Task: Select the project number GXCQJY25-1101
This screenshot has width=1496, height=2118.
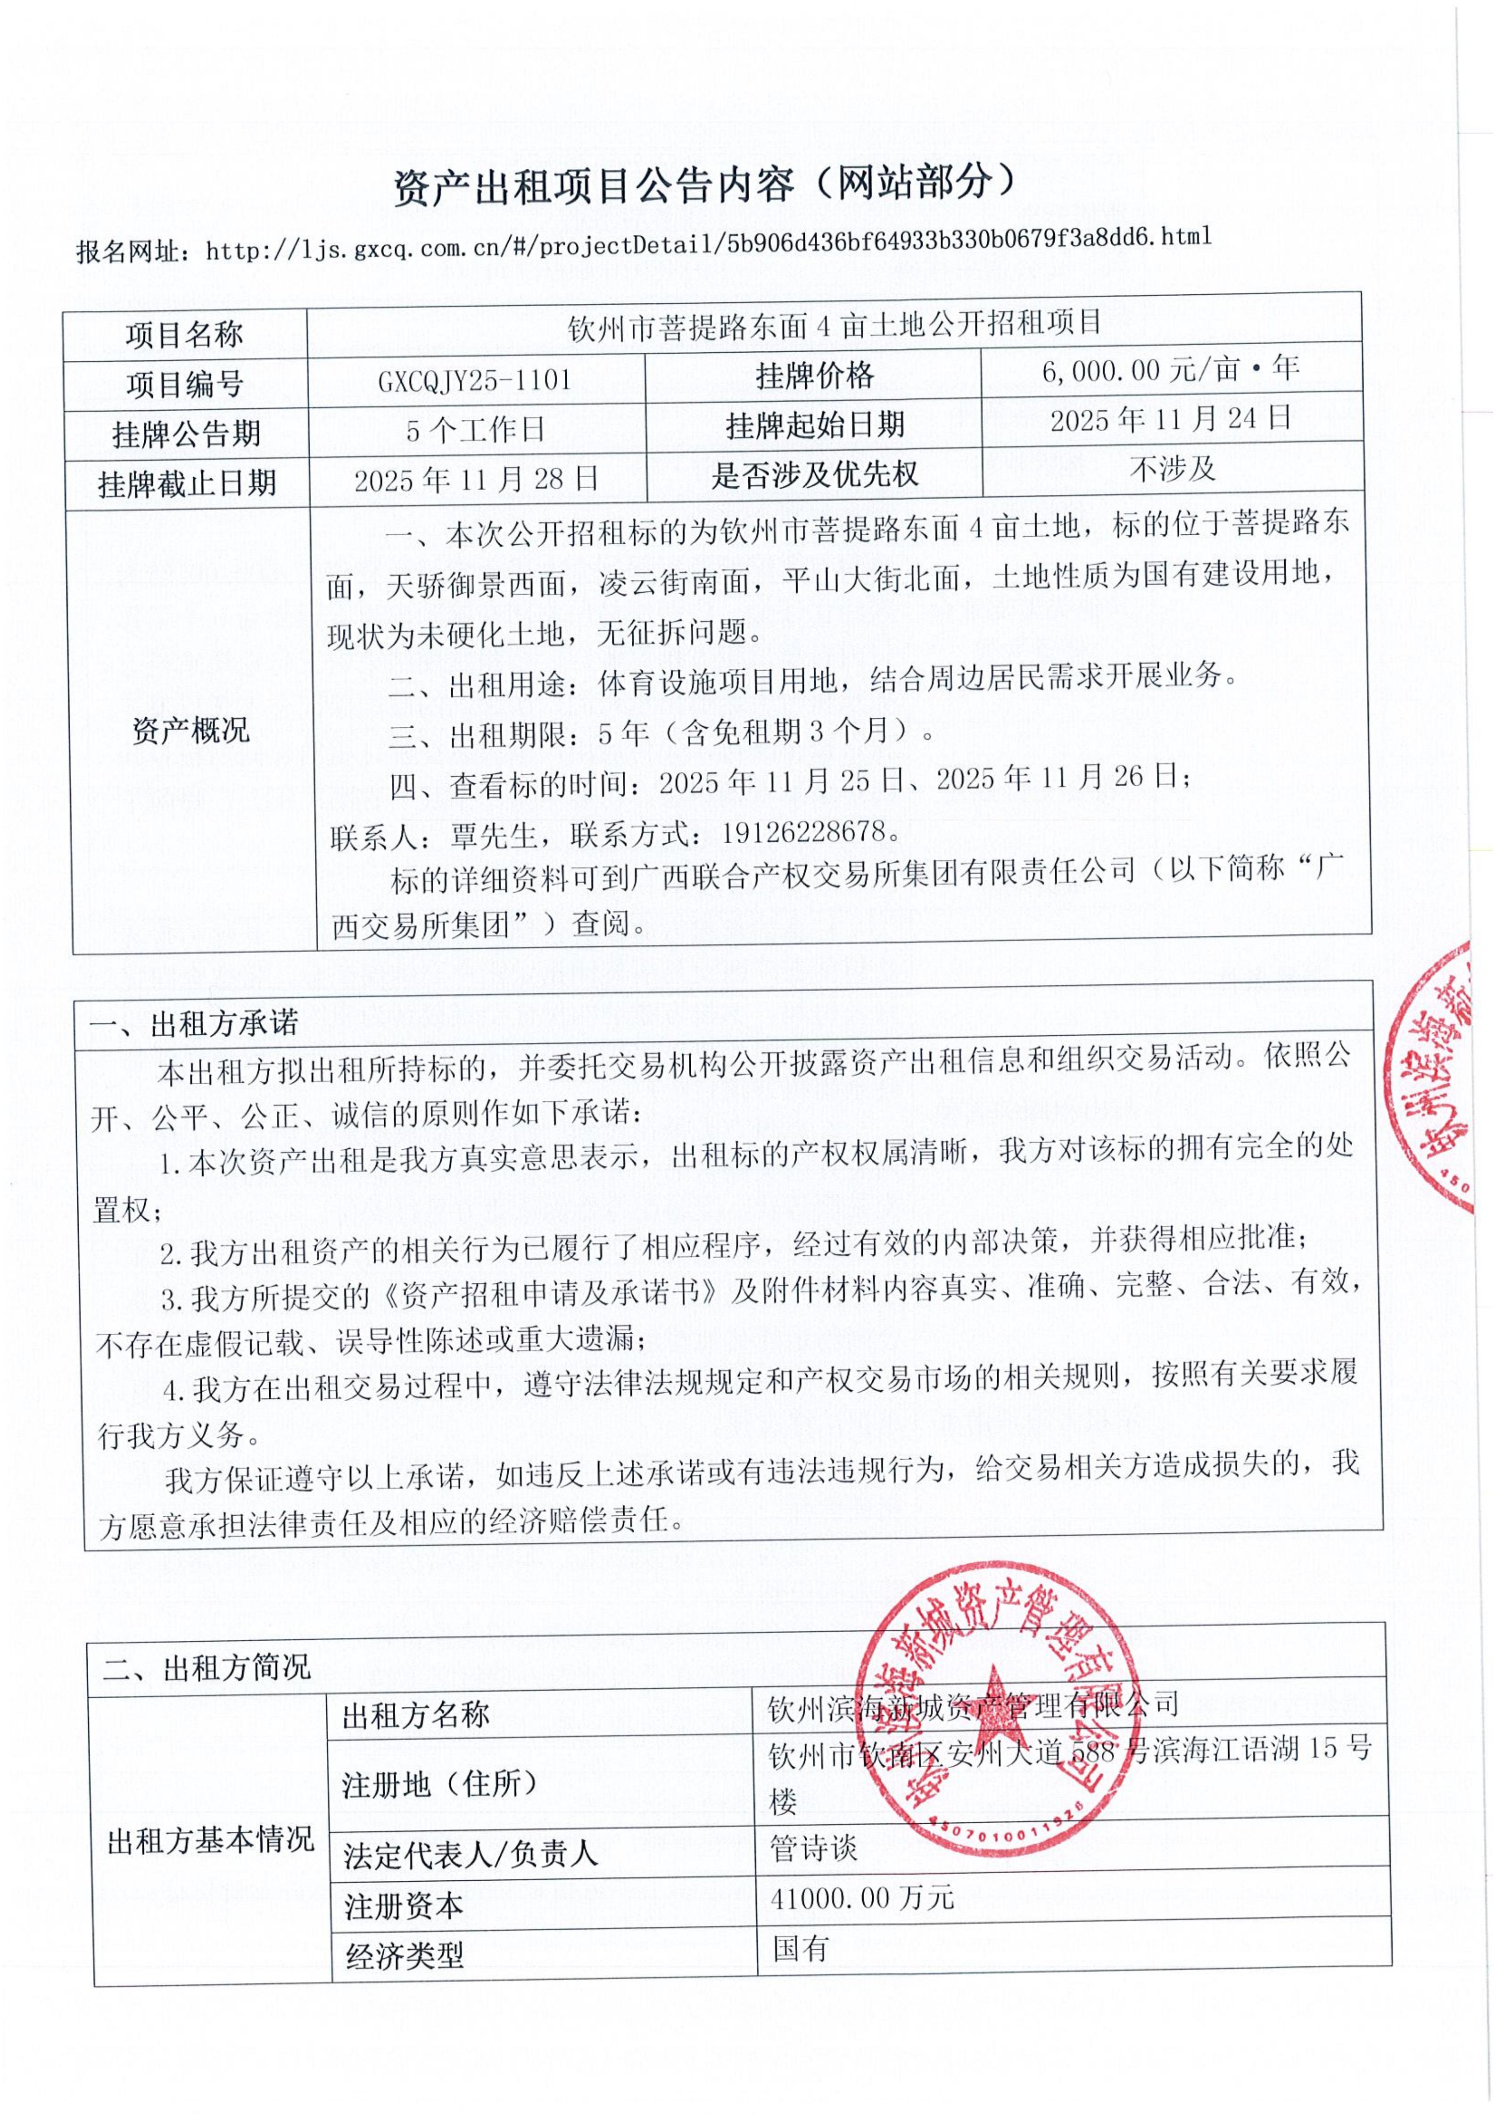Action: pos(474,380)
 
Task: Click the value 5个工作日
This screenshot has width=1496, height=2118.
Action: pos(475,429)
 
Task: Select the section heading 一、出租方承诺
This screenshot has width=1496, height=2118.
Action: pos(194,1023)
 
